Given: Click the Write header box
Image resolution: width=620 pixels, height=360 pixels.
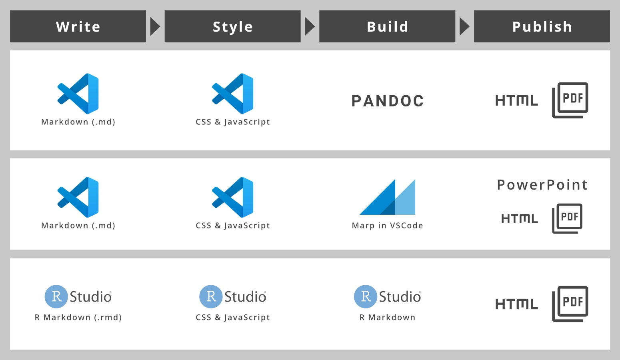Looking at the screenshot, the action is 78,26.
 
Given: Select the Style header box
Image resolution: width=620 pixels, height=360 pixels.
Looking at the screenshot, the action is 232,26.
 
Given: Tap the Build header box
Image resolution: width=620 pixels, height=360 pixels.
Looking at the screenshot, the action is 387,26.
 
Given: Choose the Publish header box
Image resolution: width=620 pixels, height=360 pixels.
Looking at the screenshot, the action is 542,26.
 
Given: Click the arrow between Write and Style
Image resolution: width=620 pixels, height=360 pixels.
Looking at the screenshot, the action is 155,26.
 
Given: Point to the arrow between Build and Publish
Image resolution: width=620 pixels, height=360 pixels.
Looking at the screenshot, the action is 464,26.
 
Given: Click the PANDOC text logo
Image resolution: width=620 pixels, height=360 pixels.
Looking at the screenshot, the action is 388,101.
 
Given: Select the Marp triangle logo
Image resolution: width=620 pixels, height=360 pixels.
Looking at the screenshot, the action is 387,197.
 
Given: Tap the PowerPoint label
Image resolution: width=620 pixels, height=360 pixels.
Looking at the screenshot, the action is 542,184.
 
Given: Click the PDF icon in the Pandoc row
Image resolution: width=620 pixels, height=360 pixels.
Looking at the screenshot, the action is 570,100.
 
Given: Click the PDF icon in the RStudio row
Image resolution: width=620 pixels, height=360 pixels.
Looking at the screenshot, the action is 570,304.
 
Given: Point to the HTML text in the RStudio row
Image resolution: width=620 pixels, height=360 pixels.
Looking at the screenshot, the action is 517,304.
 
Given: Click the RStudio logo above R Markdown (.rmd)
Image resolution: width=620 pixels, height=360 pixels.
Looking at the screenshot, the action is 78,297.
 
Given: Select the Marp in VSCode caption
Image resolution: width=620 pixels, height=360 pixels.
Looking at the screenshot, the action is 388,226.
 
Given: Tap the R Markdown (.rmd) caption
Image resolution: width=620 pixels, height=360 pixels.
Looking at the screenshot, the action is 78,317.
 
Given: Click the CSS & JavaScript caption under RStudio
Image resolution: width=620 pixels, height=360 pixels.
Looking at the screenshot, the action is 233,317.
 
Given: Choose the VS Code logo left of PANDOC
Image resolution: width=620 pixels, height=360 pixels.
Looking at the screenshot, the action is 233,94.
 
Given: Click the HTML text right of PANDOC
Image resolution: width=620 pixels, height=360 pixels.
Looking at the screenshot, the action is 517,100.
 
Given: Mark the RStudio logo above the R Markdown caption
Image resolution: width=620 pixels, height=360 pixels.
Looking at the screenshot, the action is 388,297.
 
